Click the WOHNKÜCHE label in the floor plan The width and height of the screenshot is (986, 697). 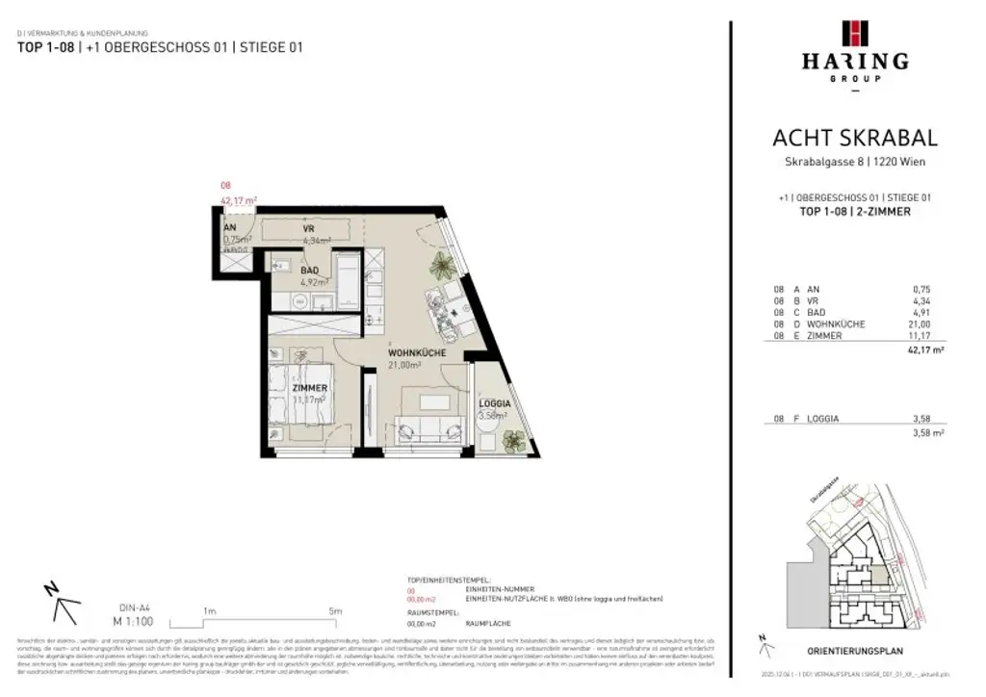point(415,353)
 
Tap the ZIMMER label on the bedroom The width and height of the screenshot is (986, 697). point(310,388)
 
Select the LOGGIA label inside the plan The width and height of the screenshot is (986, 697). point(494,404)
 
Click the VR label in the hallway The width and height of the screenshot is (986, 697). point(309,229)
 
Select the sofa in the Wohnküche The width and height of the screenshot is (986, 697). point(429,425)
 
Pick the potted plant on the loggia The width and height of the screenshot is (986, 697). point(515,440)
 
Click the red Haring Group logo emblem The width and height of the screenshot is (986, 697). point(854,33)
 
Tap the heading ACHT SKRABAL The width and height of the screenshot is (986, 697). point(854,140)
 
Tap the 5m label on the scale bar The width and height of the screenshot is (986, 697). point(335,610)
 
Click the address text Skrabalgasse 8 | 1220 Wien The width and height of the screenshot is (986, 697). point(854,162)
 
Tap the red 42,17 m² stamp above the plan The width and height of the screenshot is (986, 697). point(239,201)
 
